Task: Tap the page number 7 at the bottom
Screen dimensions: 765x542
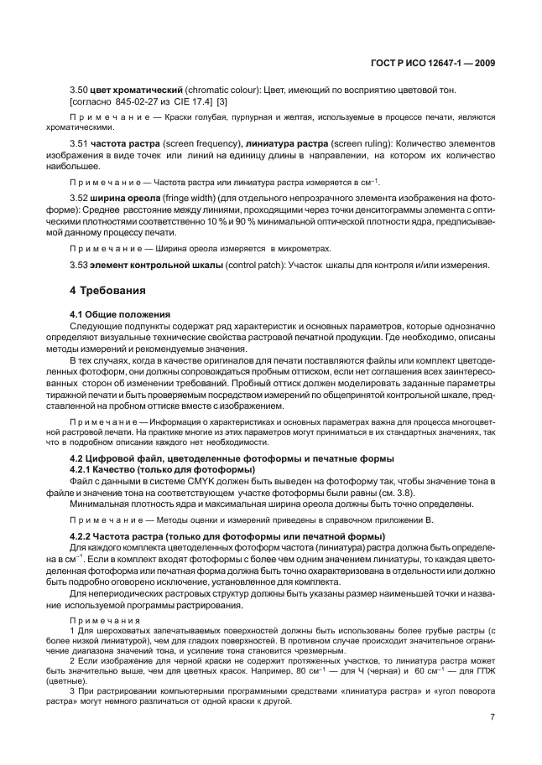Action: point(492,718)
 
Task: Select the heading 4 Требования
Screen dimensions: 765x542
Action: point(107,291)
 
